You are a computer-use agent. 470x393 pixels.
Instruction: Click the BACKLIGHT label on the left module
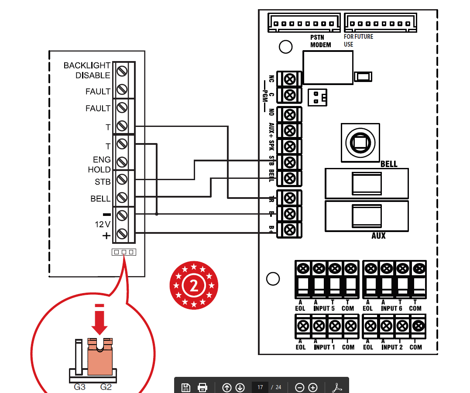coord(87,65)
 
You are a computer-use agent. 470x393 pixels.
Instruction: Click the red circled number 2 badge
coord(193,285)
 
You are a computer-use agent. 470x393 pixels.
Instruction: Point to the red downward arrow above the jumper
coord(100,322)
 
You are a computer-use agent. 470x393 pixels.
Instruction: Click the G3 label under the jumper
coord(79,386)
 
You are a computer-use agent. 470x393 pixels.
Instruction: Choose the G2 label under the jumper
coord(106,386)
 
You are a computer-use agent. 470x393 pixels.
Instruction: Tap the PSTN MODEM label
coord(321,41)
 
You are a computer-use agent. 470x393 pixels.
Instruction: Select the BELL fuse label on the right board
coord(389,164)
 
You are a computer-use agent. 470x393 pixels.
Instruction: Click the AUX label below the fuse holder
coord(378,236)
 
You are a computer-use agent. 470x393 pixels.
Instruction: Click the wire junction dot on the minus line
coord(157,214)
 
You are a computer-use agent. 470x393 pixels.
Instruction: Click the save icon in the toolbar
coord(186,387)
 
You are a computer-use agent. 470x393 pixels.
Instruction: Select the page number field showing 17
coord(260,387)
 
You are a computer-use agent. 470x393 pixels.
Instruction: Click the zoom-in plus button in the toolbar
coord(312,387)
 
